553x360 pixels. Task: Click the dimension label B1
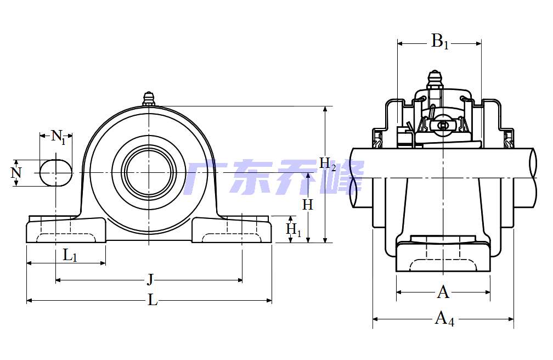(439, 41)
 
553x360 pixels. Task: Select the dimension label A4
(444, 318)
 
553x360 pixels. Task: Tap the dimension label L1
(70, 255)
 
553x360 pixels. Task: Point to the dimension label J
(149, 280)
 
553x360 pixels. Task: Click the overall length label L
(153, 300)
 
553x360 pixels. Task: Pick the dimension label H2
(328, 164)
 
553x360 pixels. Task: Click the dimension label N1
(58, 136)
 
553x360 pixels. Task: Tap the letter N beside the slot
(16, 173)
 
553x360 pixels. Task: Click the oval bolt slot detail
(55, 173)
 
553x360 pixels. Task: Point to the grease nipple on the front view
(149, 99)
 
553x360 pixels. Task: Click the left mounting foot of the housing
(66, 230)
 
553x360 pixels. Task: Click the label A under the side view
(443, 292)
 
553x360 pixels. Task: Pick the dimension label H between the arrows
(308, 205)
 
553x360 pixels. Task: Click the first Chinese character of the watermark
(203, 178)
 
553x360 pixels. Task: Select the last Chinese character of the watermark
(345, 178)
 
